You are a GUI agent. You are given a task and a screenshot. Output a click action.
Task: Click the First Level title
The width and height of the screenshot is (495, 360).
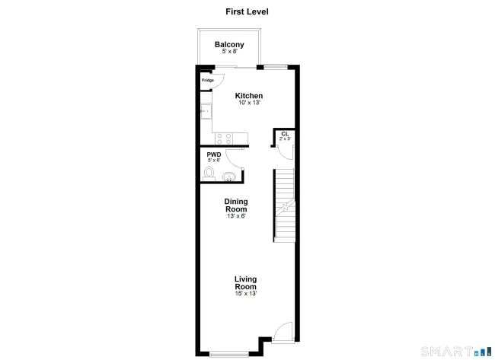coord(247,11)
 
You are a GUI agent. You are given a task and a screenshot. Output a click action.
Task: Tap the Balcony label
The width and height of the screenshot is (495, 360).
coord(229,44)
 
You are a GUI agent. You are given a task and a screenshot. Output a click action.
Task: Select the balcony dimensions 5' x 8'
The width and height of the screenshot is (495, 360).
coord(229,51)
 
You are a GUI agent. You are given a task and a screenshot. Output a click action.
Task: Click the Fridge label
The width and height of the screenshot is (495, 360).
coord(208,80)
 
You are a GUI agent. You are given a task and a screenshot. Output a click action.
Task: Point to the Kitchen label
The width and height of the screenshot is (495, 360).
coord(249,96)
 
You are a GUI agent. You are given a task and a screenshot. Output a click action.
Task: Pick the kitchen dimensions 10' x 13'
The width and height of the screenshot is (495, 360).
coord(249,103)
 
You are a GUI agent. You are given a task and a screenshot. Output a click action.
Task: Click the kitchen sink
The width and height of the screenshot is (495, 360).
coord(206,111)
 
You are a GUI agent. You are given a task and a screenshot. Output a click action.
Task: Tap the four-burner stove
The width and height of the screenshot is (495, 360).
coord(224,139)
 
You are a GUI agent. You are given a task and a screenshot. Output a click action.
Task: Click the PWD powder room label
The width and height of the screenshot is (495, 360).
coord(214,155)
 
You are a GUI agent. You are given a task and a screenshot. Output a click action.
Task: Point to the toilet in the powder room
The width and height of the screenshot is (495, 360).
coord(209,174)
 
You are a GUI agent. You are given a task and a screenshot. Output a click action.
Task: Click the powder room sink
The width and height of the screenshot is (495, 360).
coord(228,177)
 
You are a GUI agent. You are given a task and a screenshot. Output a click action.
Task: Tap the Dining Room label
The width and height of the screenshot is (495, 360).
coord(236,205)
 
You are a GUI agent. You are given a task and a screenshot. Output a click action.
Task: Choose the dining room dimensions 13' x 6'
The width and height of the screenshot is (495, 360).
coord(236,216)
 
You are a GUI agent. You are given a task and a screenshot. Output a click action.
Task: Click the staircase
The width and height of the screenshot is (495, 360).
coord(285,205)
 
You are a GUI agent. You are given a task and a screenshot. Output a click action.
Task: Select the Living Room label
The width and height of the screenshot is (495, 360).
coord(245,282)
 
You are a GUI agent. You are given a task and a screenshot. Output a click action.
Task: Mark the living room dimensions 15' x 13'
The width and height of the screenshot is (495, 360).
coord(246,294)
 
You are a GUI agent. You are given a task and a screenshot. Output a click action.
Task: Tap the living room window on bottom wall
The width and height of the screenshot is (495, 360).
coord(229,354)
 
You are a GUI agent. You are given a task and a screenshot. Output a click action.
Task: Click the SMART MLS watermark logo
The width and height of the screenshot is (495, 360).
coord(456,351)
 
